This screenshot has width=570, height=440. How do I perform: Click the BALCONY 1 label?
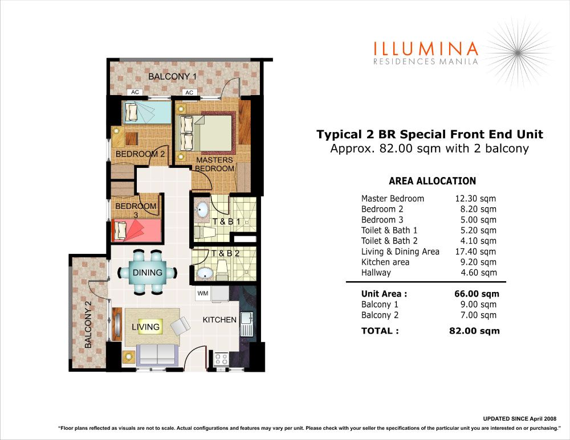(172, 77)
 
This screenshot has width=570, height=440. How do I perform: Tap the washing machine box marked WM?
(202, 293)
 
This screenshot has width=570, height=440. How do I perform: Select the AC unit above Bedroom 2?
(135, 92)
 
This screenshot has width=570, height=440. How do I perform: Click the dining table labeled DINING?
(147, 272)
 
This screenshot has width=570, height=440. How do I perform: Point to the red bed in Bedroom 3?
(136, 230)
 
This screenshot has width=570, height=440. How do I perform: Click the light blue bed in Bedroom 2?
(146, 112)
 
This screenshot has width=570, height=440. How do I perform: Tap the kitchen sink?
(247, 324)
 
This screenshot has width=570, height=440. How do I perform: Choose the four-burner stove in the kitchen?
(221, 359)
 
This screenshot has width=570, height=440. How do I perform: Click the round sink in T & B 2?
(204, 273)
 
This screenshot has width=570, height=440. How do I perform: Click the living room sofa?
(157, 353)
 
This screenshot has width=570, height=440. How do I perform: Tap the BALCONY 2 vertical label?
(88, 324)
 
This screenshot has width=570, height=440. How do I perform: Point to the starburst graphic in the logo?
(518, 52)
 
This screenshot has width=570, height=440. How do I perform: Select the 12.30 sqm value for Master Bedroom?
(475, 199)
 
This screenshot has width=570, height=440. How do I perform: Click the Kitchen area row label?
(385, 262)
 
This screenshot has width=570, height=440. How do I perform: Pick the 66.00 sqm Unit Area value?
(477, 294)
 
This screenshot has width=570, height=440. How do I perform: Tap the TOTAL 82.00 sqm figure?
(474, 331)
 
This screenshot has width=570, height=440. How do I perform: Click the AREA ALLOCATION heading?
(432, 181)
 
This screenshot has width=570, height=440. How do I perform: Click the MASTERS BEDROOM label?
(214, 164)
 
